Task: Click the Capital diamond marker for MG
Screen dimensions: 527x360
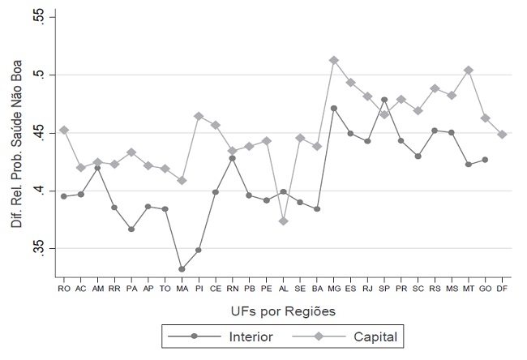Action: [x=334, y=61]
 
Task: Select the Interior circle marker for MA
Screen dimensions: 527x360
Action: [x=182, y=269]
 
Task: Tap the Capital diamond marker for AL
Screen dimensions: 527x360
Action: [x=283, y=221]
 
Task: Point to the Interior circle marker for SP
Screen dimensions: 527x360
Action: [x=384, y=100]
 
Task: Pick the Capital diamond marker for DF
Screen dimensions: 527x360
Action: [x=502, y=135]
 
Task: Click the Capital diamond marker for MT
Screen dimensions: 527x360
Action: [x=469, y=71]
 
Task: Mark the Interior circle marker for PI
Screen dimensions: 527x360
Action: [x=199, y=251]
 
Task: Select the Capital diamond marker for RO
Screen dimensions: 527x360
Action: [x=64, y=130]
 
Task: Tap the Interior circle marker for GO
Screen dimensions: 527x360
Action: [x=486, y=160]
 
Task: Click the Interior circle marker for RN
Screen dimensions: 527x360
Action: [x=233, y=158]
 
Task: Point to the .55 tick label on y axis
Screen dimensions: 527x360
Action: [x=40, y=16]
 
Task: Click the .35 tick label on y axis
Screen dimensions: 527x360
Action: [x=40, y=248]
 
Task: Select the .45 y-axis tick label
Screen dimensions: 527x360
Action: [x=40, y=133]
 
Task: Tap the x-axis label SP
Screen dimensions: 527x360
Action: [x=384, y=289]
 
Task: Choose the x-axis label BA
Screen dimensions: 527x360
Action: [x=317, y=289]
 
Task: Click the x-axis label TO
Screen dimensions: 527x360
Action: [x=165, y=289]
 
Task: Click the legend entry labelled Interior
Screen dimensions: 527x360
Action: [x=251, y=336]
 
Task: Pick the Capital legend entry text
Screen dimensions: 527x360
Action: [x=375, y=336]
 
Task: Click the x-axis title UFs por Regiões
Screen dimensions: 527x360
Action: [x=283, y=311]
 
